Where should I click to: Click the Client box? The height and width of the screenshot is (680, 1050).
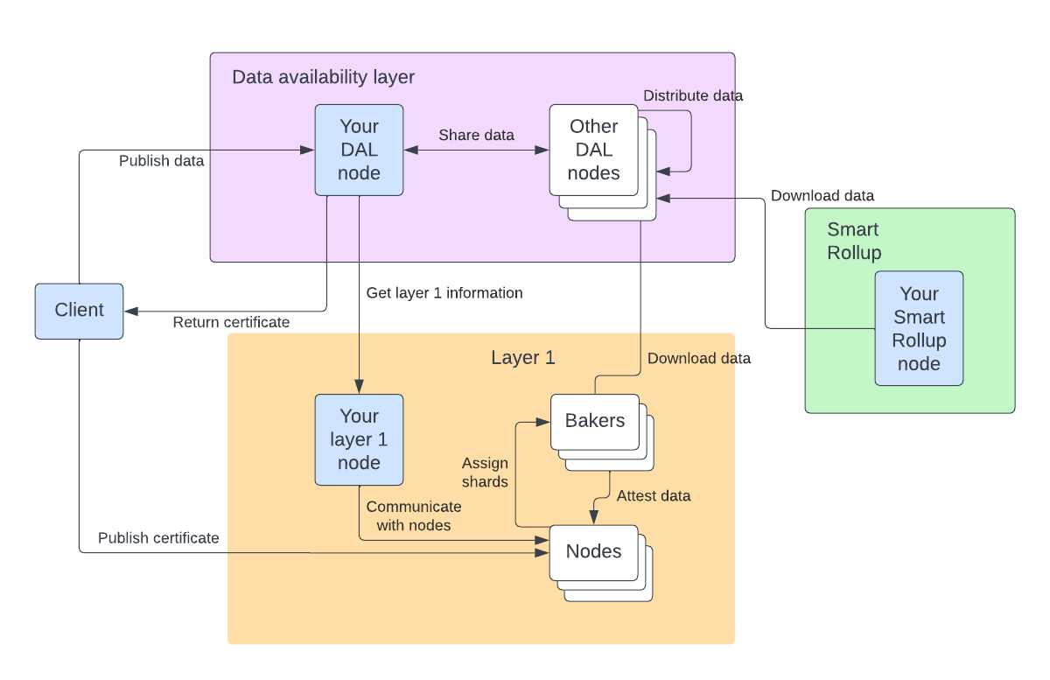pos(79,311)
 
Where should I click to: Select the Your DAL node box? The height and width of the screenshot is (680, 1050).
pos(359,150)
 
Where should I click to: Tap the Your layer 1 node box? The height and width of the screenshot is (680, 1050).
pos(359,439)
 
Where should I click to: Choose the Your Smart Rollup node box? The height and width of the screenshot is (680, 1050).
pos(919,328)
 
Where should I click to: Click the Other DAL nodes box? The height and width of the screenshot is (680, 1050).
pos(593,150)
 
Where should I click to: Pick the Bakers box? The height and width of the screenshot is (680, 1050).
pos(595,421)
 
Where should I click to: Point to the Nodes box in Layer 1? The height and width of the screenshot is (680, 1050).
pos(593,551)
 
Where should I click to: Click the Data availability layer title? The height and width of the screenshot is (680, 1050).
pos(323,77)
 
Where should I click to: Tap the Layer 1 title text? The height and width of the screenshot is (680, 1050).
pos(522,357)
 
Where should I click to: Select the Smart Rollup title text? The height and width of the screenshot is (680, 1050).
pos(853,241)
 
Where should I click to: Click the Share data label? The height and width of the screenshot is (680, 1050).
pos(476,135)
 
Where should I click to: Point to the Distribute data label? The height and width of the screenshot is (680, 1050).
pos(693,95)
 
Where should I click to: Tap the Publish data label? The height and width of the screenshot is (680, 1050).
pos(161,161)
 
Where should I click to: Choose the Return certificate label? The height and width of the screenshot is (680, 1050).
pos(231,322)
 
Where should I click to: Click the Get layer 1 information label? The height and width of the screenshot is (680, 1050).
pos(444,292)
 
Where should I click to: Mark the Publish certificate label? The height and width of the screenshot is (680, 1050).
pos(158,537)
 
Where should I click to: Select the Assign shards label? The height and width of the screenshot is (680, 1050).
pos(485,472)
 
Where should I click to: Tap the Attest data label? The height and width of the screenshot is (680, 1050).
pos(653,495)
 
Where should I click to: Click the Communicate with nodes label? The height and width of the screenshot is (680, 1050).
pos(413,515)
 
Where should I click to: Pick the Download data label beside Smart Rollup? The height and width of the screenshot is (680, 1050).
pos(822,195)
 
